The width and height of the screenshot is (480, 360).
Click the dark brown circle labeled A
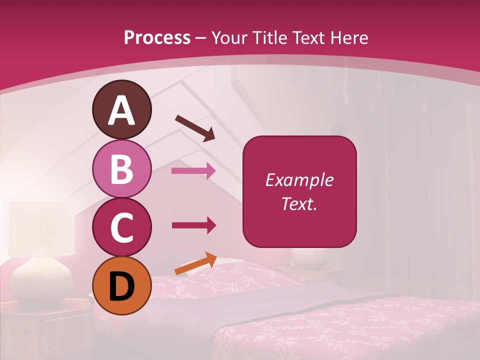[x=121, y=109]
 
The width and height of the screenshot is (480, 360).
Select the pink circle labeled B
[x=121, y=168]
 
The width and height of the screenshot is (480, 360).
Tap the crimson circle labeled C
[x=121, y=227]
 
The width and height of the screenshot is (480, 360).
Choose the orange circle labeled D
[x=121, y=286]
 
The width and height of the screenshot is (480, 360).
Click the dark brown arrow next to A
[x=195, y=128]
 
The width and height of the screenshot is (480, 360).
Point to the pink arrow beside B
[x=193, y=171]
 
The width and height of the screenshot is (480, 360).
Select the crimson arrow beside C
[x=193, y=225]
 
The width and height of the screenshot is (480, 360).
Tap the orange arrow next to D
[x=195, y=264]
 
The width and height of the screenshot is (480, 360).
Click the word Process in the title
[x=157, y=37]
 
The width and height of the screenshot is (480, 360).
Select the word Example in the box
[x=299, y=180]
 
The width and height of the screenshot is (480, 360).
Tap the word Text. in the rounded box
[x=299, y=204]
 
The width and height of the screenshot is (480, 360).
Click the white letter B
[x=121, y=168]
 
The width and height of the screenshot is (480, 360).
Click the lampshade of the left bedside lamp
[x=42, y=227]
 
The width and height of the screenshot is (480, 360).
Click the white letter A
[x=121, y=110]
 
